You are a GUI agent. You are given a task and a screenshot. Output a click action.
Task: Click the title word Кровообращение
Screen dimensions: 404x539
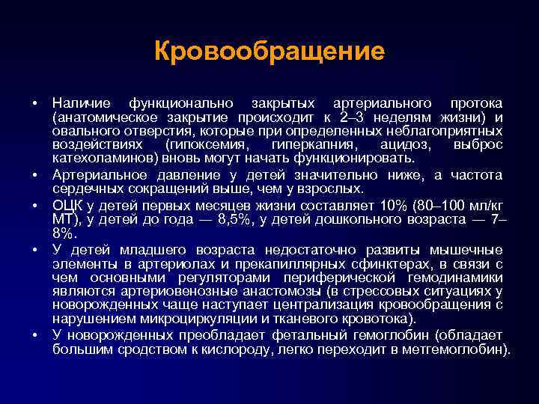point(269,52)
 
